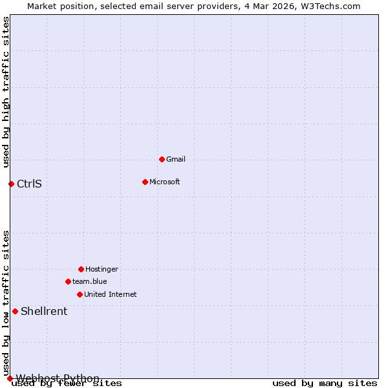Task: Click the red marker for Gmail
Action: point(162,159)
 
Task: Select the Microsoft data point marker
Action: point(145,182)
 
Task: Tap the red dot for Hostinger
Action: point(81,269)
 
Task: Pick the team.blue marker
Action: point(68,281)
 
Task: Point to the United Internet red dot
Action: point(80,294)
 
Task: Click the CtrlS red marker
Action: point(11,184)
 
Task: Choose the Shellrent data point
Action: point(15,311)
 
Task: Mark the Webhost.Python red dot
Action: point(10,378)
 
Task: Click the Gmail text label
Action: point(176,159)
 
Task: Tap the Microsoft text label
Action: point(164,182)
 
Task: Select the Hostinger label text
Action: point(102,269)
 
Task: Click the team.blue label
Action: point(90,281)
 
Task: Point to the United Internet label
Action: point(111,294)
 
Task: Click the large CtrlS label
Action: point(29,184)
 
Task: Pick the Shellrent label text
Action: point(44,311)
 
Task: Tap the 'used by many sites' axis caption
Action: point(324,383)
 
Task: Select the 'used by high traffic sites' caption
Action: point(6,92)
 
